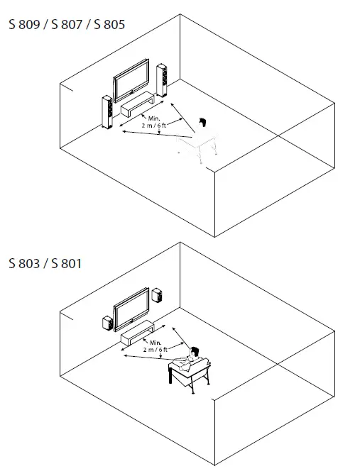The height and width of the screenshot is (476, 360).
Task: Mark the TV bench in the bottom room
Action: [138, 331]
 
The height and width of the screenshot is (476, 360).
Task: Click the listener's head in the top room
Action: [204, 123]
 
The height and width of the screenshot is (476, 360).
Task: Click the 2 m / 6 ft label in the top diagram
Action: [155, 125]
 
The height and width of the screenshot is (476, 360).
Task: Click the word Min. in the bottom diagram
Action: [156, 343]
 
